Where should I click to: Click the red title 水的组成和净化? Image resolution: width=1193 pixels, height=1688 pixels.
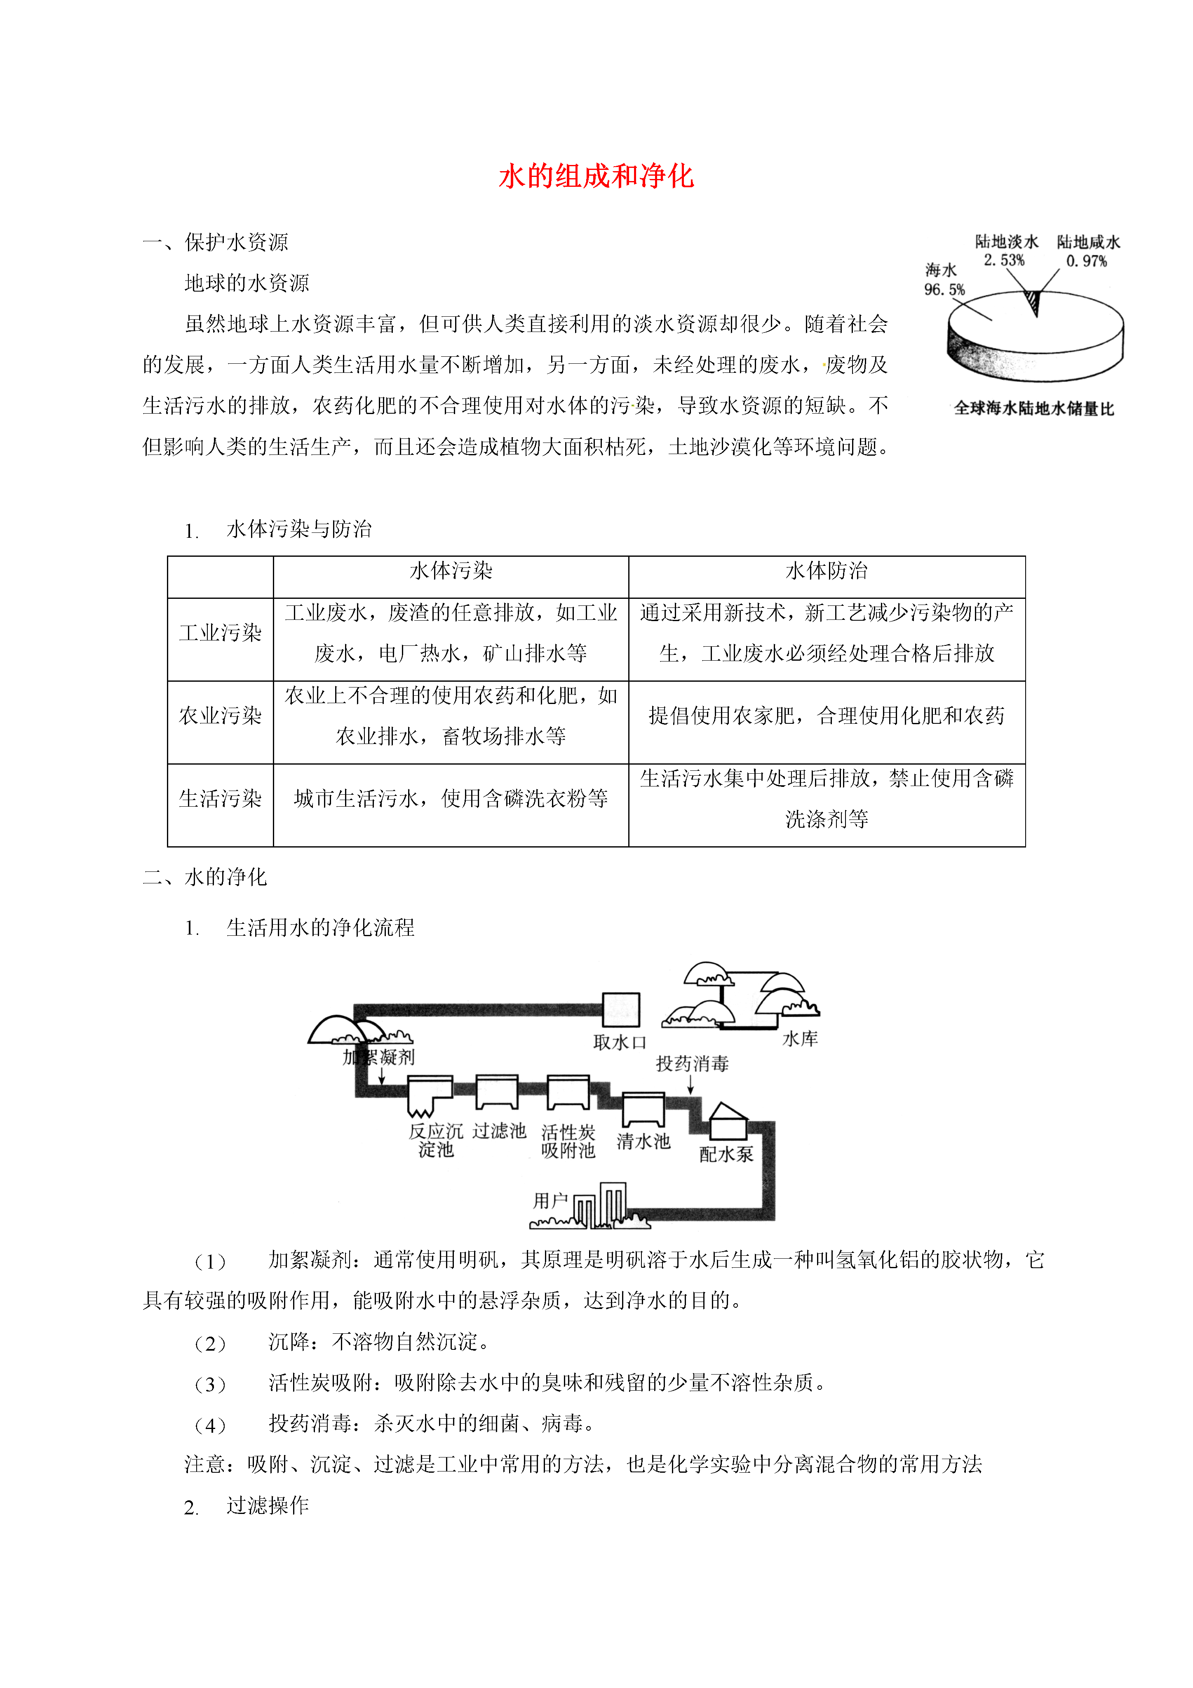click(596, 177)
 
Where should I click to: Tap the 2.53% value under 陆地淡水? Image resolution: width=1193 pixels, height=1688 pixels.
click(1004, 260)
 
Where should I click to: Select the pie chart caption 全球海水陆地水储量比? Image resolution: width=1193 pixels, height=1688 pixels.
click(1033, 409)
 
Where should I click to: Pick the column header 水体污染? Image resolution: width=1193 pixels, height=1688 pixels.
click(451, 570)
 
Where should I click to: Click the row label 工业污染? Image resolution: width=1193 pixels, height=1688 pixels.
click(221, 633)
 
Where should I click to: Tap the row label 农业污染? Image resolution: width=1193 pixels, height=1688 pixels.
click(221, 716)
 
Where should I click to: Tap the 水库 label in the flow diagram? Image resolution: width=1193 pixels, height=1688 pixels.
click(800, 1039)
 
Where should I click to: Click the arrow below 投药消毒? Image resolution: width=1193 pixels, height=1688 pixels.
click(691, 1084)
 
